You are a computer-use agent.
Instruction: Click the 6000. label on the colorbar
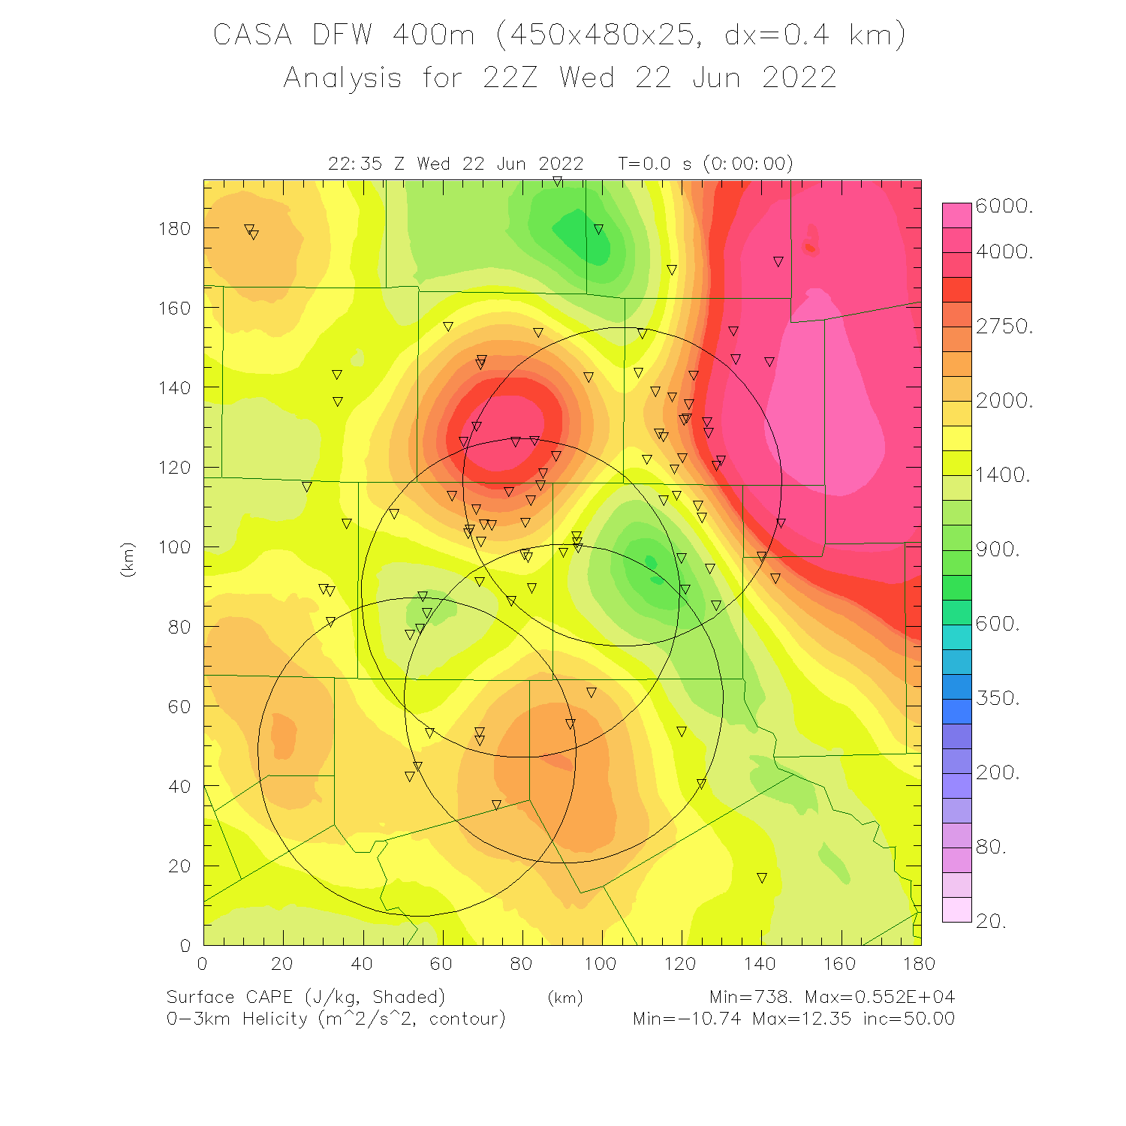coord(1004,206)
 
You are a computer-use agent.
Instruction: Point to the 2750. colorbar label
coord(1004,326)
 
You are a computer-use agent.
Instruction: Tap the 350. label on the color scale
coord(997,698)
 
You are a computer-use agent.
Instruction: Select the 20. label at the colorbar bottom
coord(991,921)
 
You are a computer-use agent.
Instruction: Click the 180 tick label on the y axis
coord(174,228)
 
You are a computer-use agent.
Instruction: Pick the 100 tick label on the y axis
coord(174,546)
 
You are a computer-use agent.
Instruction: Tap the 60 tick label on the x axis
coord(441,964)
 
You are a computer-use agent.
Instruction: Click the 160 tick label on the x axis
coord(839,964)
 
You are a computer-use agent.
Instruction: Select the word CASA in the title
coord(252,35)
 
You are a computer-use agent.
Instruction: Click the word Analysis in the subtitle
coord(342,78)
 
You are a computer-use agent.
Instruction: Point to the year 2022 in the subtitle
coord(799,78)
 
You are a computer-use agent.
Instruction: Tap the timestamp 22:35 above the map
coord(355,164)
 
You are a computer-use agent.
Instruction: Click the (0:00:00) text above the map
coord(748,164)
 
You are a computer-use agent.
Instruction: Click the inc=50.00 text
coord(908,1019)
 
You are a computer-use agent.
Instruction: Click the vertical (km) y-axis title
coord(128,559)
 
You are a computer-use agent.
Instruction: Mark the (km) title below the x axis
coord(565,998)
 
